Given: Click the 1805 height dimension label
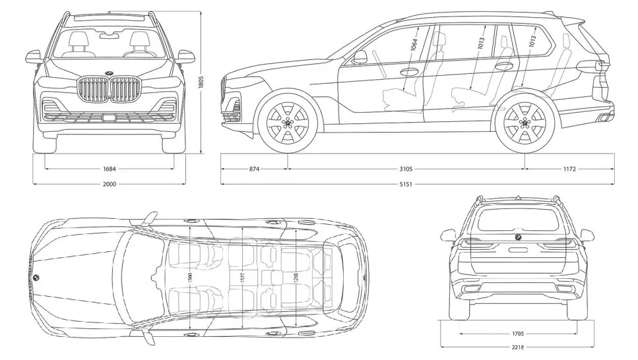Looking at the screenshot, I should pyautogui.click(x=203, y=84).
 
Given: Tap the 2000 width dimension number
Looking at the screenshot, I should pyautogui.click(x=110, y=184).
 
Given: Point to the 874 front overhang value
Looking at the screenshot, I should pyautogui.click(x=254, y=169).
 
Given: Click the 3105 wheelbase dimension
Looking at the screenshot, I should pyautogui.click(x=406, y=169).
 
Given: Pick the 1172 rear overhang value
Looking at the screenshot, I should pyautogui.click(x=570, y=169).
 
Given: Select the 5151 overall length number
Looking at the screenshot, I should pyautogui.click(x=406, y=184).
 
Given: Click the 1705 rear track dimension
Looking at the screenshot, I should pyautogui.click(x=518, y=333).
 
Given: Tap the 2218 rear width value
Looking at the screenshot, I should pyautogui.click(x=518, y=347).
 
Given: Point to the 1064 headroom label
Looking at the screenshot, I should pyautogui.click(x=414, y=45).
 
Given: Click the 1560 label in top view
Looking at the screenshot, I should pyautogui.click(x=190, y=277).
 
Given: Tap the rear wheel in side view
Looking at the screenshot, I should pyautogui.click(x=525, y=123).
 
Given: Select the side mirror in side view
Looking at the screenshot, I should pyautogui.click(x=360, y=57).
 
